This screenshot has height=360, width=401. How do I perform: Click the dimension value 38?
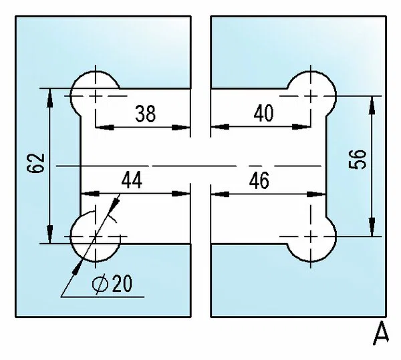coord(145,113)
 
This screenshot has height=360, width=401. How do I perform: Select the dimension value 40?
coord(263,113)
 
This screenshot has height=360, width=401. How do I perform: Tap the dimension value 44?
coord(132,180)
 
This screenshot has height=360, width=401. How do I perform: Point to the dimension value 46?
coord(259,180)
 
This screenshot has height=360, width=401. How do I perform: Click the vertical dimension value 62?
coord(35,163)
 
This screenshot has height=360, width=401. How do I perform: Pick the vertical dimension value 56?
coord(358,159)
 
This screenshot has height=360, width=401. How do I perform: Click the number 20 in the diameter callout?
coord(122,283)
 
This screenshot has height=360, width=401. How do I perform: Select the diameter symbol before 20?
coord(100,284)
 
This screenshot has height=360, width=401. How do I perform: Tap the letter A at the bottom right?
coord(380,333)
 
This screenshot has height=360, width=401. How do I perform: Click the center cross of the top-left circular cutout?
coord(96,96)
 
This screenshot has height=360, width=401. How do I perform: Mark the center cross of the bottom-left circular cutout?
coord(96,236)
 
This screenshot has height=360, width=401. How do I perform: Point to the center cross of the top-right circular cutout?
coord(311,96)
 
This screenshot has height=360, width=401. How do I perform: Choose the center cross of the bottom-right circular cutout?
coord(311,236)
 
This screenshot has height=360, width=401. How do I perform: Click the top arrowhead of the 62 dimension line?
coord(50,98)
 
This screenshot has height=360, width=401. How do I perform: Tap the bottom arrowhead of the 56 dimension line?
coord(372,227)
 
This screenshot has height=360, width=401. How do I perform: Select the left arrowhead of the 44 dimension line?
coord(90,194)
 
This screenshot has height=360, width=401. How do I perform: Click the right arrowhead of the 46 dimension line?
coord(316,194)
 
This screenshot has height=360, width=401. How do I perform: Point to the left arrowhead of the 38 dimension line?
coord(105,127)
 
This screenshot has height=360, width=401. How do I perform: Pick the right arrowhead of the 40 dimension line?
coord(301,127)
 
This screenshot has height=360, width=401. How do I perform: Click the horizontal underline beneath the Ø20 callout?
coord(102,297)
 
